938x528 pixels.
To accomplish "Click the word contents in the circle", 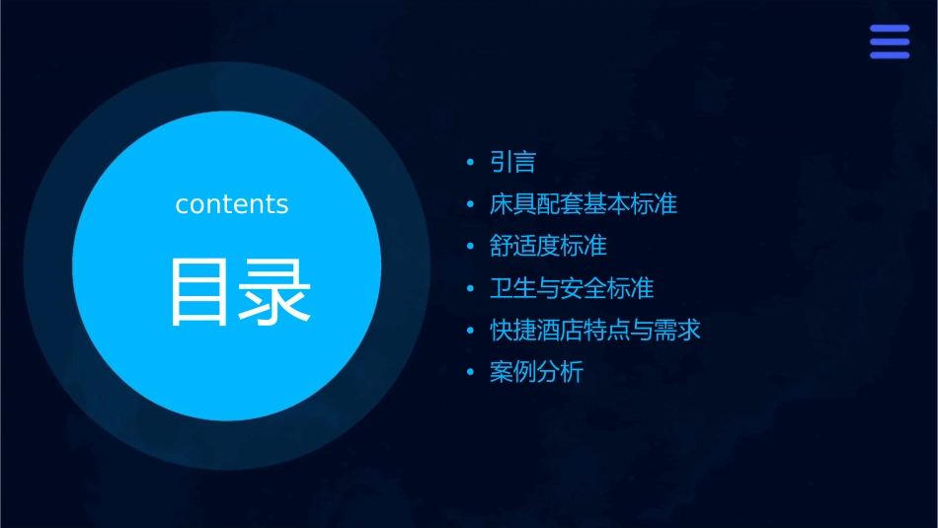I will tap(232, 204).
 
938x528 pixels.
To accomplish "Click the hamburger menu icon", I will tap(889, 42).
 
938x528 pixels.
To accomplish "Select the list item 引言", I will tap(512, 162).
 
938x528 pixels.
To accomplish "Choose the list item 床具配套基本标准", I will tap(583, 204).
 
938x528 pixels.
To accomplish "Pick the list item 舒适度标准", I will tap(548, 246).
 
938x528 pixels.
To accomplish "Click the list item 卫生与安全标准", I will tap(571, 288).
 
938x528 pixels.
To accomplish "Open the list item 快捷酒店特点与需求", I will tap(594, 330).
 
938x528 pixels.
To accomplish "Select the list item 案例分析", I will tap(536, 372).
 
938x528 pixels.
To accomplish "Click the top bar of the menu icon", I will tap(889, 30).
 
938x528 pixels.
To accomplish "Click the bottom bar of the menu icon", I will tap(889, 55).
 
